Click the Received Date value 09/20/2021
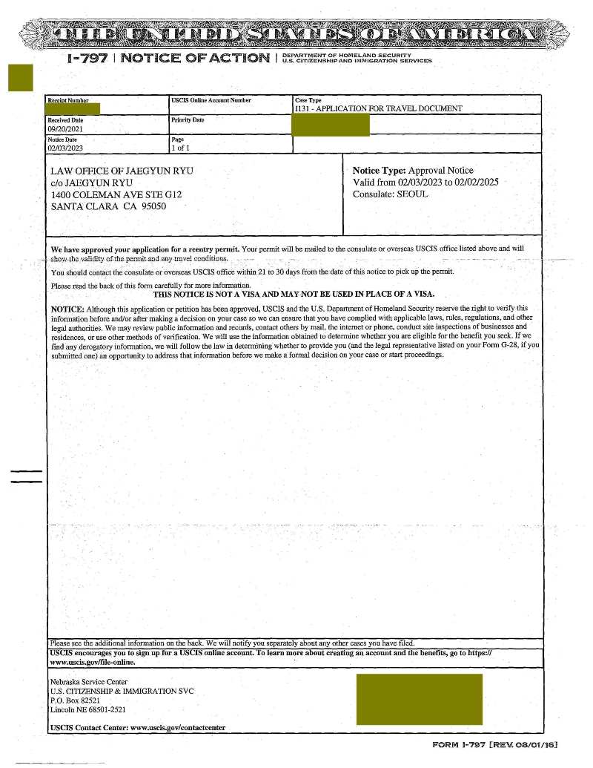[x=64, y=128]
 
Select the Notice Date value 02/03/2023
[x=64, y=148]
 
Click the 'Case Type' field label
[x=308, y=100]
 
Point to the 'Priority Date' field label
[x=187, y=119]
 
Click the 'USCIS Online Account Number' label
[x=211, y=100]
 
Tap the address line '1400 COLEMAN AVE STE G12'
[x=116, y=194]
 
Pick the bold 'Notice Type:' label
[x=379, y=171]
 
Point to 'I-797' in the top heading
[x=87, y=58]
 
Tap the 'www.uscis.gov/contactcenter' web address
[x=177, y=728]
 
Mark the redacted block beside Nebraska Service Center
[x=419, y=699]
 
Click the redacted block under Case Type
[x=331, y=125]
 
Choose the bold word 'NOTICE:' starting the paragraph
[x=67, y=308]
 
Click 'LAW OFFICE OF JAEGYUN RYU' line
[x=122, y=171]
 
